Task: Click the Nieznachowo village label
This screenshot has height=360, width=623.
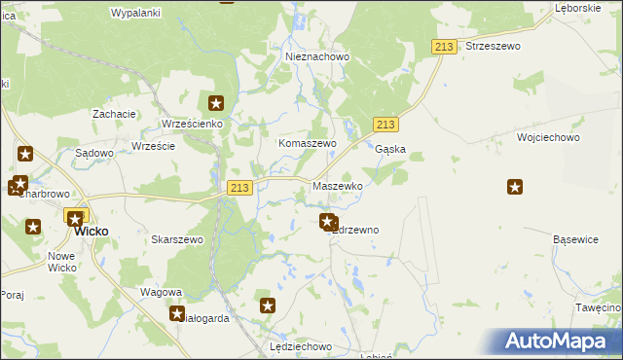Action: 317,57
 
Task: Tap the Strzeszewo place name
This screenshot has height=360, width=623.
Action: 494,46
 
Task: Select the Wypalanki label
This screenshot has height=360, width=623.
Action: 135,13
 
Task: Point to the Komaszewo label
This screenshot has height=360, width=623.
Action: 308,143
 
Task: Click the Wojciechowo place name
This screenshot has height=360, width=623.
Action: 549,138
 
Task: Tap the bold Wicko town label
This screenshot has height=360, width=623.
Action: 92,232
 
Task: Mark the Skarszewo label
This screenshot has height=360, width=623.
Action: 177,239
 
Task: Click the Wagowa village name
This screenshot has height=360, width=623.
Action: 162,292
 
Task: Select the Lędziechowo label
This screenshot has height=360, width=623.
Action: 302,346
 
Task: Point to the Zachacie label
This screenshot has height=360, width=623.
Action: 114,114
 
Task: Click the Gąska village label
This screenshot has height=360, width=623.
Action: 390,150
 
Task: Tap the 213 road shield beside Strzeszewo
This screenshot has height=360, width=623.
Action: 445,47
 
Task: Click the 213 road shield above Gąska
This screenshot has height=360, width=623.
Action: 385,125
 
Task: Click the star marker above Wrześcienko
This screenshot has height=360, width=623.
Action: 216,102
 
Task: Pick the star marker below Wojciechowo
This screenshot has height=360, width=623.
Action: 515,187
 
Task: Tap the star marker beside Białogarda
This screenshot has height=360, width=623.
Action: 177,313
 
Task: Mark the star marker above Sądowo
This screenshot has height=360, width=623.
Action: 25,153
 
